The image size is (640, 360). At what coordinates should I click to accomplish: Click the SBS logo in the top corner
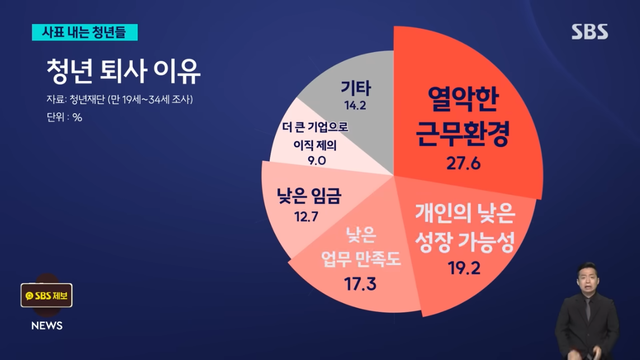pos(590,31)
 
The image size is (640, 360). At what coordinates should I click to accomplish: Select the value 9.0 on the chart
pos(318,160)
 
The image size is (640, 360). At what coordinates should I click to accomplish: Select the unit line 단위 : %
pos(63,117)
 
